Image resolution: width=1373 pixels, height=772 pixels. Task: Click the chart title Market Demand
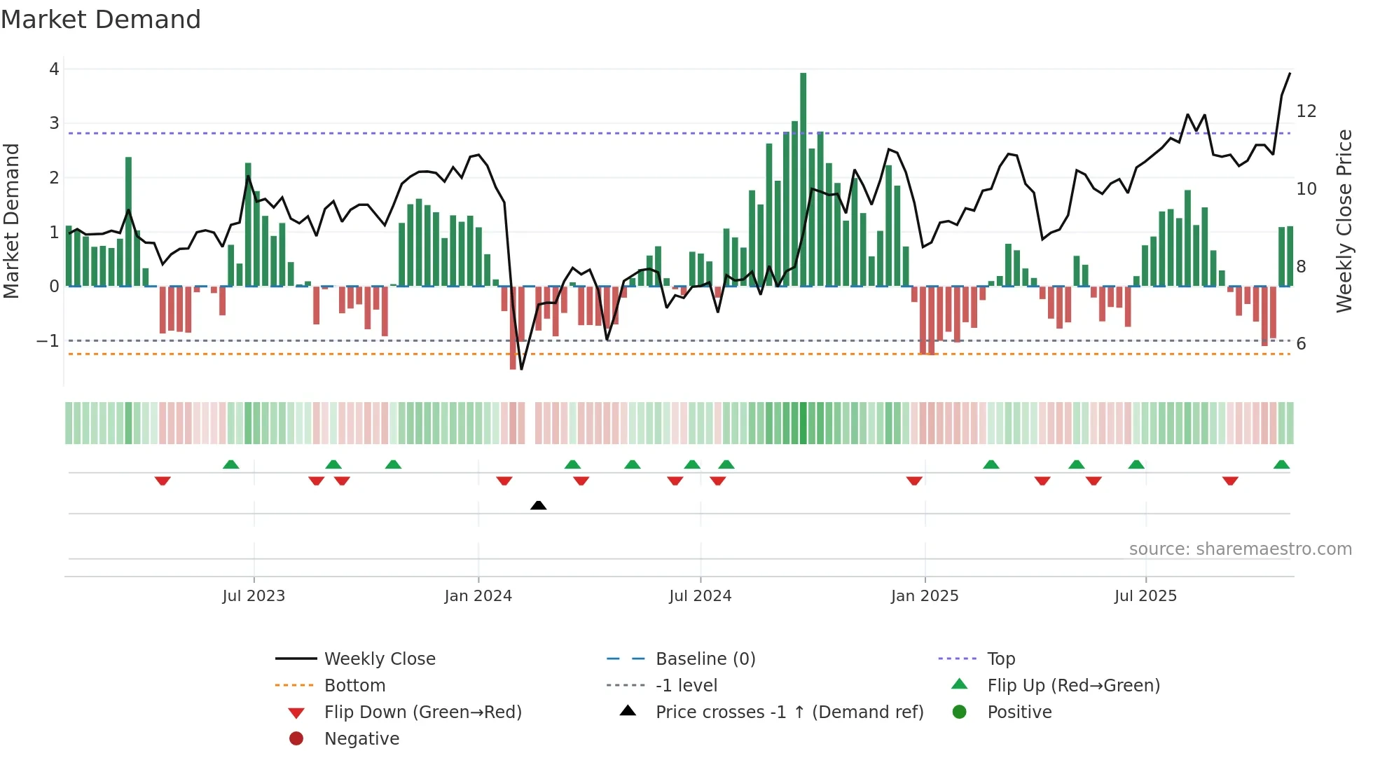101,20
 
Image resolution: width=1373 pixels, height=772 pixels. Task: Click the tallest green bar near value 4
803,175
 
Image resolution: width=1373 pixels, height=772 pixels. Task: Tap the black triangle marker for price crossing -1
538,505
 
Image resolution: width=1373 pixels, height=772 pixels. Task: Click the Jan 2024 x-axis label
478,596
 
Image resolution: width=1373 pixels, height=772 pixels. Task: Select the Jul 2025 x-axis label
1145,596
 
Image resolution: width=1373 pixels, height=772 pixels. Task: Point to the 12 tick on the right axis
1306,111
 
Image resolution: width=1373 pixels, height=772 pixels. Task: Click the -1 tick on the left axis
48,341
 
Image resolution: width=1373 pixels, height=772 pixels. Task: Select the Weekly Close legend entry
379,659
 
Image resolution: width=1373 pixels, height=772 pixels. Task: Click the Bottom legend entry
354,686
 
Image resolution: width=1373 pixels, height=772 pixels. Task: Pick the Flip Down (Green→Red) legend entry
422,712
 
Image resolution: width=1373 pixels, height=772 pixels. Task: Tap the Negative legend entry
361,739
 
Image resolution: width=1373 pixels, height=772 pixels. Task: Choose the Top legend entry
1000,659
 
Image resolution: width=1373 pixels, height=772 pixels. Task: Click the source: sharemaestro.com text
1240,549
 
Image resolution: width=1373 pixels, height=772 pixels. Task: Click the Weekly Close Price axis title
1344,221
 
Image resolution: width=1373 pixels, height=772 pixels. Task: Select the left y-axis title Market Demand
12,221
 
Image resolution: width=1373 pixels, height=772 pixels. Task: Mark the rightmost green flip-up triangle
1281,464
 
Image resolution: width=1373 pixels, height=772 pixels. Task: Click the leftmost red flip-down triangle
163,481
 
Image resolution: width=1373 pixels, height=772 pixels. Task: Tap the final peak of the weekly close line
1290,74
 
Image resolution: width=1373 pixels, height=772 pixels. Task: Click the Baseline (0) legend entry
705,659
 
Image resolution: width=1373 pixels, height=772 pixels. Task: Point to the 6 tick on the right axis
1301,344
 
